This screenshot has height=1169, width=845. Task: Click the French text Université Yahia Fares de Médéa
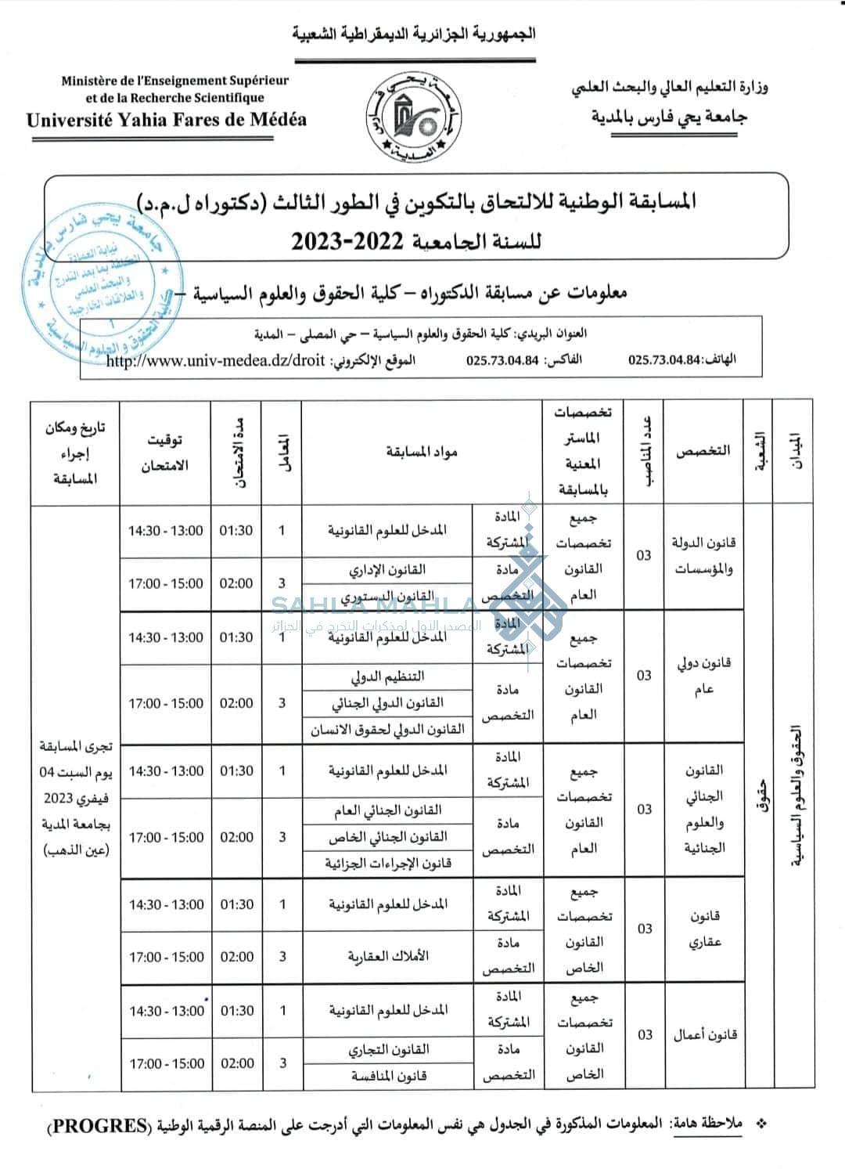[x=166, y=120]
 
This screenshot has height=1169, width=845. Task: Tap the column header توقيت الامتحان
[x=165, y=453]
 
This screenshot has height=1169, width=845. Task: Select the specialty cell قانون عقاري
[x=704, y=929]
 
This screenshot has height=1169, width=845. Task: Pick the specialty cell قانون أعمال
[x=704, y=1034]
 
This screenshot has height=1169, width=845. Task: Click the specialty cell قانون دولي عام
[x=704, y=676]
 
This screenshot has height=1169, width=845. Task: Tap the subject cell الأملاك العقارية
[x=388, y=956]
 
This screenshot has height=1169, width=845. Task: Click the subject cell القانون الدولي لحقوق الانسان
[x=388, y=730]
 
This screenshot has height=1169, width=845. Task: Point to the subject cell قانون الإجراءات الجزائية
[x=388, y=864]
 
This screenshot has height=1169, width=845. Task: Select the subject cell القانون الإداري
[x=388, y=569]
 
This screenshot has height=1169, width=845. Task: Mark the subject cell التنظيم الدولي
[x=388, y=677]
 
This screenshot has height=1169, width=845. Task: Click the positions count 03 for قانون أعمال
[x=645, y=1034]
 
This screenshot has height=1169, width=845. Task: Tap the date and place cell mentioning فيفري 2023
[x=75, y=798]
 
